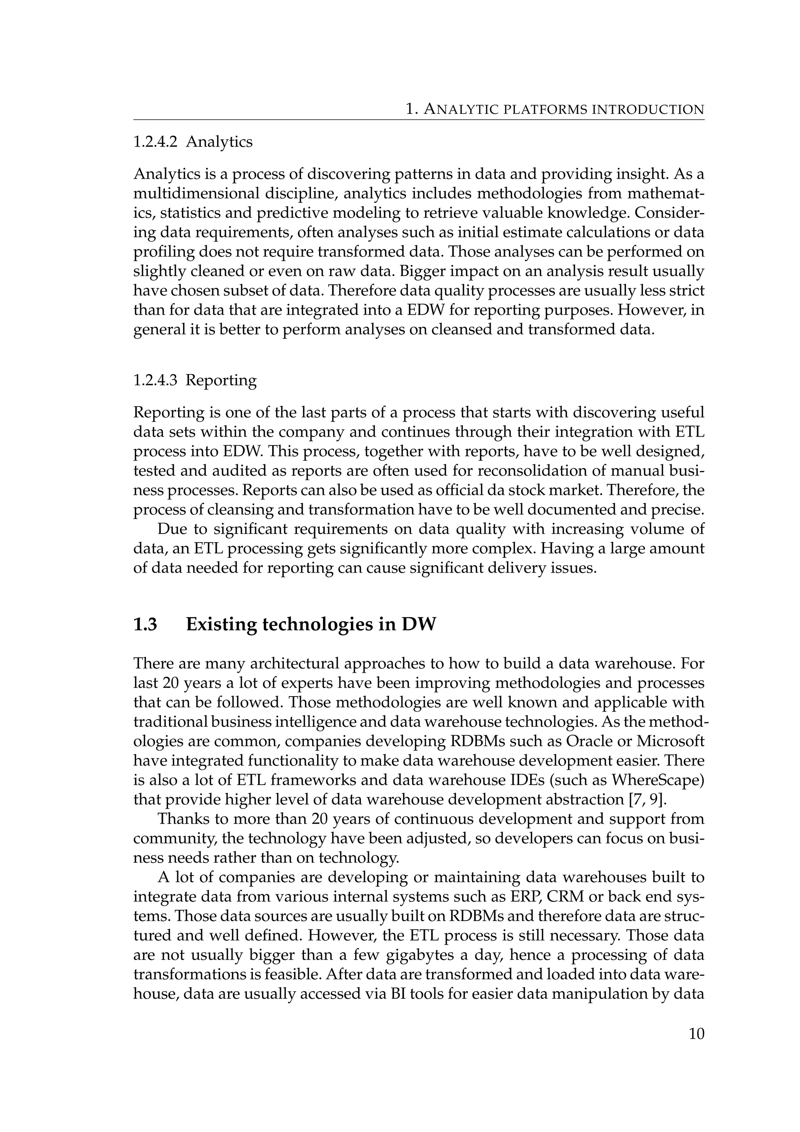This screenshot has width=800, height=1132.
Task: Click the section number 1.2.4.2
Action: coord(155,142)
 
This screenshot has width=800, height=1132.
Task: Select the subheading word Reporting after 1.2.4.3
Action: coord(221,381)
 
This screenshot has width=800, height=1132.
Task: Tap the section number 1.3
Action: coord(145,624)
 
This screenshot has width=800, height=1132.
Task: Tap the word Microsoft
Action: coord(670,741)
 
